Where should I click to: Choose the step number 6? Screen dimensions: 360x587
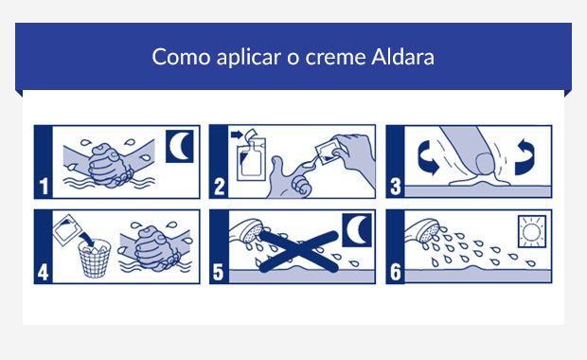[395, 271]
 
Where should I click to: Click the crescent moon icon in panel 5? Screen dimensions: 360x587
[355, 230]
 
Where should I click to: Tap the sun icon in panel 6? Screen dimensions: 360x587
[531, 231]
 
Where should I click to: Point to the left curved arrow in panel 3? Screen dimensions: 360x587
[421, 158]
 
